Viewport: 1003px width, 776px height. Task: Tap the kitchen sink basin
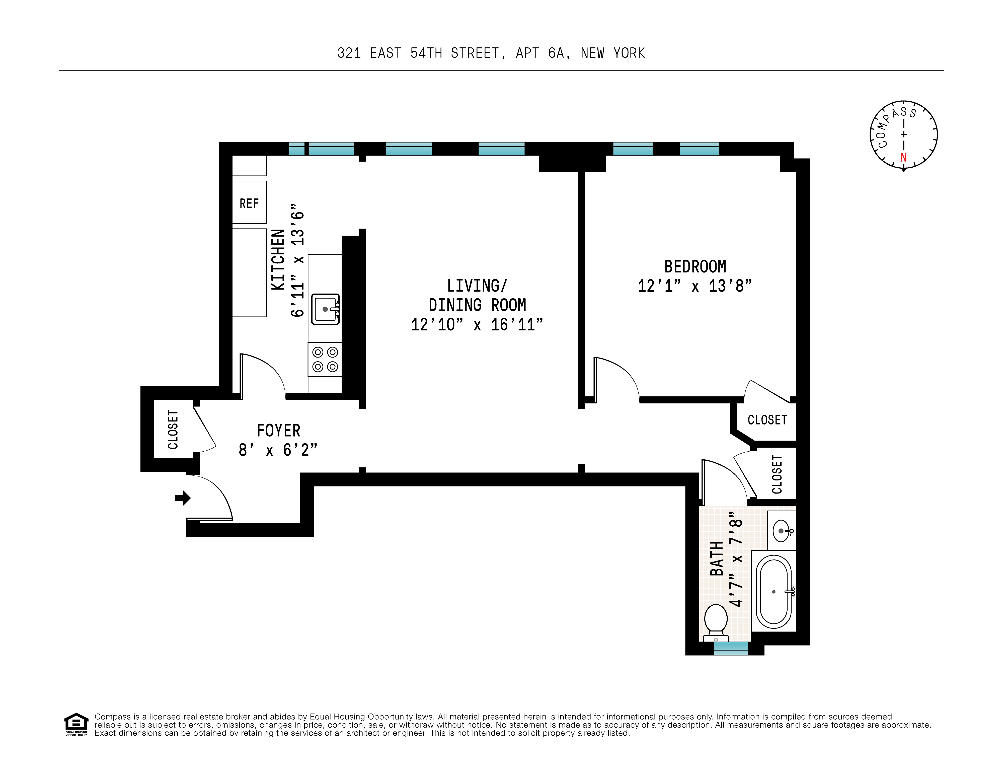(325, 309)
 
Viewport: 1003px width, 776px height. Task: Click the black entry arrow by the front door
(183, 498)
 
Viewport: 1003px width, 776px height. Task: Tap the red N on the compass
(903, 158)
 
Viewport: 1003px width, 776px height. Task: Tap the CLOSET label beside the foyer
(173, 430)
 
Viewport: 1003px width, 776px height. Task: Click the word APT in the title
(527, 53)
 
